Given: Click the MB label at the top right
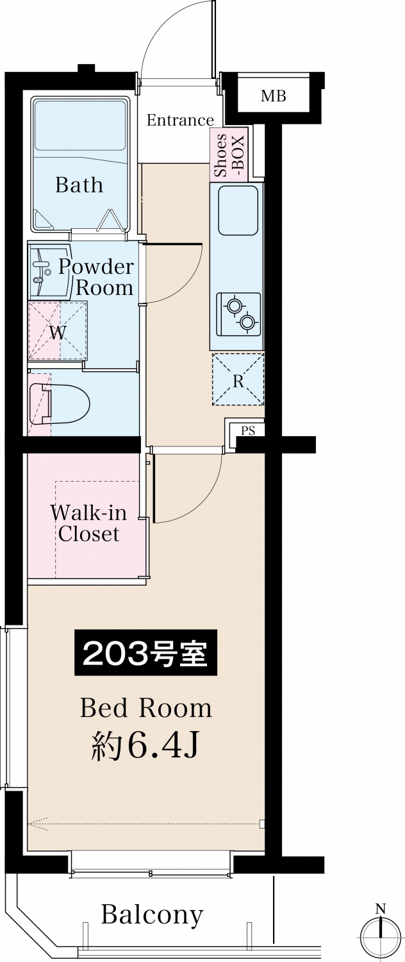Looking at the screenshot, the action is coord(273,96).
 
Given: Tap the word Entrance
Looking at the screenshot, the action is coord(180,121).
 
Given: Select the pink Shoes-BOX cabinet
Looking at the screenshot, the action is coord(229,155).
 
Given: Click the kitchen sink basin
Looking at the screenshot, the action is coord(238,210).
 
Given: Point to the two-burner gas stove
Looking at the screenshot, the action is coord(238,314).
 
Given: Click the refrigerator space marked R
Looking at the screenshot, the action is coord(238,379).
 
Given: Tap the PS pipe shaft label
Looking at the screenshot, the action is coord(248,430).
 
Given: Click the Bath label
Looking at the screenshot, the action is coord(79,185).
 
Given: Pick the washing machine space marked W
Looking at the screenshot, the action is coord(58,330).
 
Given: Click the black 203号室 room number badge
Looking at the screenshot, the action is coord(146,654).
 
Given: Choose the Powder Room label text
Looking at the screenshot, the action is coord(96,277).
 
